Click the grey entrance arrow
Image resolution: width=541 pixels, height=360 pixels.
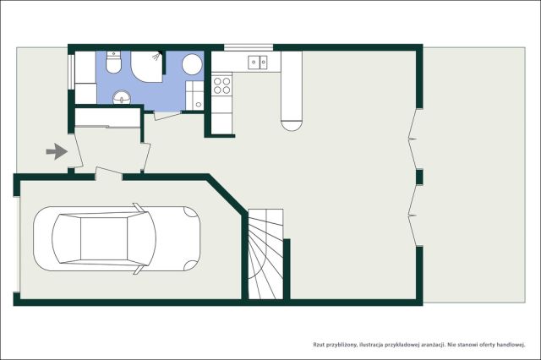tap(57, 152)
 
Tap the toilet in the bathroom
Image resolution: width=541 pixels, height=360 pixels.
tap(113, 63)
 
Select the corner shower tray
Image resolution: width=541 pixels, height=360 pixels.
tap(146, 66)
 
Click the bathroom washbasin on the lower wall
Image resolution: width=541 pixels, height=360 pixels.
tap(122, 97)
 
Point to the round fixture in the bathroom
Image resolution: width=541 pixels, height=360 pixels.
tap(192, 64)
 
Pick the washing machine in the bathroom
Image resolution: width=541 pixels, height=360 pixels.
tap(194, 95)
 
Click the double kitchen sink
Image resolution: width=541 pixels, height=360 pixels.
tap(258, 62)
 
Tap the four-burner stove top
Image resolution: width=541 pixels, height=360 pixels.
tap(221, 85)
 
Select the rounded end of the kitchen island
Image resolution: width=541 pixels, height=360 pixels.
tap(292, 125)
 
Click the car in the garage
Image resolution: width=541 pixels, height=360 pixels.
tap(117, 238)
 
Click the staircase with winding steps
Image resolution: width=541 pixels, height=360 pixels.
tap(265, 254)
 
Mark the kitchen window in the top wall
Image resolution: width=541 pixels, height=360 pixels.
tap(249, 47)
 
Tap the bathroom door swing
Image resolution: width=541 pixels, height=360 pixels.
tap(167, 115)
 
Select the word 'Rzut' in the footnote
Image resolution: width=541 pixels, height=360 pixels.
tap(319, 345)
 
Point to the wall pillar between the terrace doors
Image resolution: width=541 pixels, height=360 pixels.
tap(419, 177)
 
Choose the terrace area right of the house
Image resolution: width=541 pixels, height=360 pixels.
tap(474, 175)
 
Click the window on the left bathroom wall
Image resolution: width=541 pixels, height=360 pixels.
tap(70, 72)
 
